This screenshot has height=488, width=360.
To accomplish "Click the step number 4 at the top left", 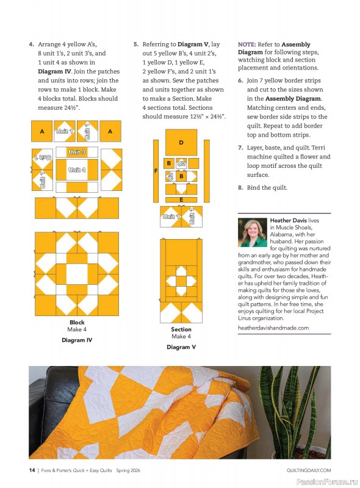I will tap(31, 45).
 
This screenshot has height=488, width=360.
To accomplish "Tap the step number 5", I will tap(135, 45).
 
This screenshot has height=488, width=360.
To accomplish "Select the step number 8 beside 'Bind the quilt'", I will tap(240, 188).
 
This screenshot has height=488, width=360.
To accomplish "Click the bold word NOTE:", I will tap(247, 45).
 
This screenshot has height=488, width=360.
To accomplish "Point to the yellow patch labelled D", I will tap(181, 142).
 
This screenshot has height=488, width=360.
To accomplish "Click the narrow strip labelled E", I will tap(181, 199).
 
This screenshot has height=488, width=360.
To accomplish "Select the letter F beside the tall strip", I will tap(156, 171).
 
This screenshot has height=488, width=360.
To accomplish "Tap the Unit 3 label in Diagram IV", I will tap(76, 152).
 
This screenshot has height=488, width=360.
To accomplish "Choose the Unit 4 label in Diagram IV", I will tap(76, 170).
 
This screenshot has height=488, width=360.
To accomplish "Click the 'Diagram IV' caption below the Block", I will tap(77, 340).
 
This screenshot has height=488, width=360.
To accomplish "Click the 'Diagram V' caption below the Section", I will tap(181, 347).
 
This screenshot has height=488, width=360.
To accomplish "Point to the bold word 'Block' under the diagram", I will tap(77, 322).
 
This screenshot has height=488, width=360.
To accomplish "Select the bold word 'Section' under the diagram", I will tap(181, 329).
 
